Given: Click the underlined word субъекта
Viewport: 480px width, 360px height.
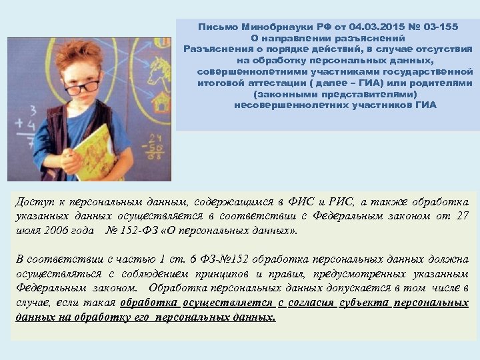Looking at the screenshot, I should [x=364, y=303].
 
